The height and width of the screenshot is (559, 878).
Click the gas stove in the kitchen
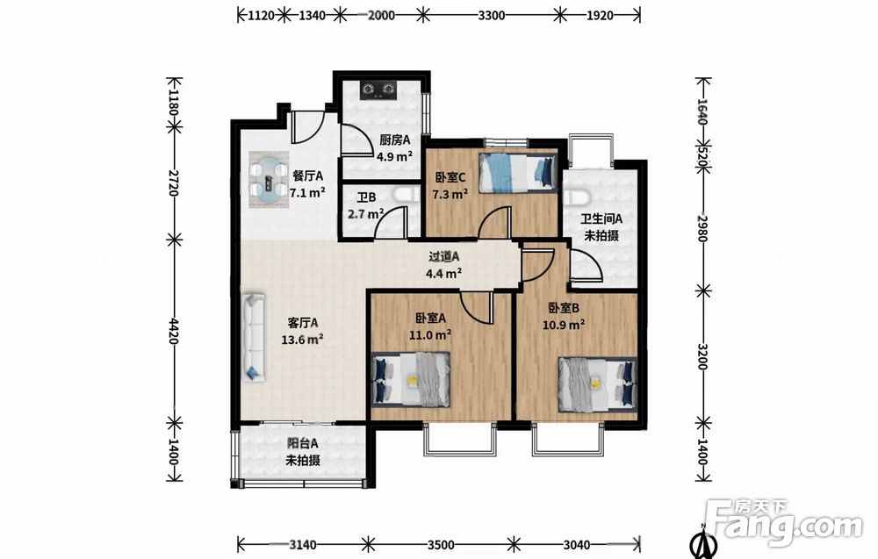tap(378, 90)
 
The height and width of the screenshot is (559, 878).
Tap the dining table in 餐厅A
tap(269, 180)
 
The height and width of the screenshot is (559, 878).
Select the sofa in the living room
tap(254, 338)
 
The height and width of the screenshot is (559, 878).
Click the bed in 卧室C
tap(518, 173)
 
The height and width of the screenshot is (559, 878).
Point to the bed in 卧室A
tap(411, 379)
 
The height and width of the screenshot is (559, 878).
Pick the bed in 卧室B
tap(597, 384)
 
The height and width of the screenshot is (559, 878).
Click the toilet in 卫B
tap(406, 194)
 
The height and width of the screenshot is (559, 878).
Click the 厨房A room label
tap(395, 140)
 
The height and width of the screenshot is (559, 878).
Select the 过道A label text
tap(444, 256)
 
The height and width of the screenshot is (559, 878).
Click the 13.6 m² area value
tap(302, 339)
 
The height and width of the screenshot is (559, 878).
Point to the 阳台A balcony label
tap(303, 443)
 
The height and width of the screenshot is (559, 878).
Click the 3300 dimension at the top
tap(492, 15)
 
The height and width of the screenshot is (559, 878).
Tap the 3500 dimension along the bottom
tap(441, 544)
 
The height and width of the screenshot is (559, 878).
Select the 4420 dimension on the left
tap(174, 331)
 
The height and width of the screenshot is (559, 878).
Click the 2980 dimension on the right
tap(702, 228)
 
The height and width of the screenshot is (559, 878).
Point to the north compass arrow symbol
tap(703, 541)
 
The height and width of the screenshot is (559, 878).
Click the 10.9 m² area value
tap(565, 325)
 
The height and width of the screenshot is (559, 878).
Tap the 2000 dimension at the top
tap(381, 15)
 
